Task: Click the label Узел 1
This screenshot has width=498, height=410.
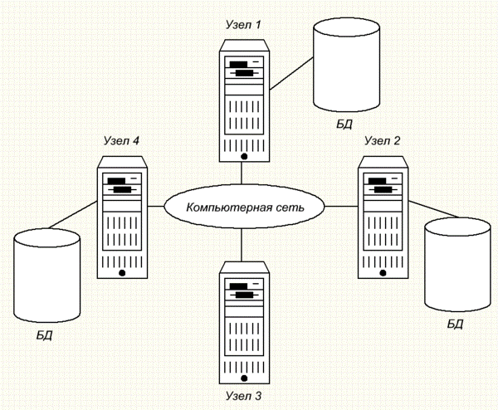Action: click(243, 24)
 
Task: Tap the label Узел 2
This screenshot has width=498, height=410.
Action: click(383, 140)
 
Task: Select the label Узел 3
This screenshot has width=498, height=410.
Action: click(243, 396)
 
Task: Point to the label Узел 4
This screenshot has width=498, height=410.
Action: click(122, 140)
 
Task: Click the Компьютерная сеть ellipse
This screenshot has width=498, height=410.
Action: click(244, 207)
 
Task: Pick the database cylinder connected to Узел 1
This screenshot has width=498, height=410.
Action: click(346, 65)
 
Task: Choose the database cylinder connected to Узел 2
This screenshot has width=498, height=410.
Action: click(457, 265)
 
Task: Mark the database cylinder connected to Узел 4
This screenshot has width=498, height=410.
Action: click(46, 276)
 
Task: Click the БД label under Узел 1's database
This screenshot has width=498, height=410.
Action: click(344, 124)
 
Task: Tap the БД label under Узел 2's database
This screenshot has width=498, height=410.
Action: click(455, 324)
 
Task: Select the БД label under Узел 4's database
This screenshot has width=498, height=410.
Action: click(44, 335)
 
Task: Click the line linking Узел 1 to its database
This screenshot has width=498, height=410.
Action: click(291, 74)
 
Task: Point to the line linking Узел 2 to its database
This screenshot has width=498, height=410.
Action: click(434, 210)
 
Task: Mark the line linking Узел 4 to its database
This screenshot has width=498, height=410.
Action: click(73, 215)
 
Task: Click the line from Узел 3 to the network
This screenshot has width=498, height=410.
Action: click(242, 245)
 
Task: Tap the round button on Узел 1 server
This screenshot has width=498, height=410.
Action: click(244, 156)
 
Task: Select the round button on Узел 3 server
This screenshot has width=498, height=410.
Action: click(244, 378)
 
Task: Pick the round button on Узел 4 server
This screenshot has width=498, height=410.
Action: click(122, 273)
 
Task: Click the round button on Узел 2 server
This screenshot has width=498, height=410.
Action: click(383, 273)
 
